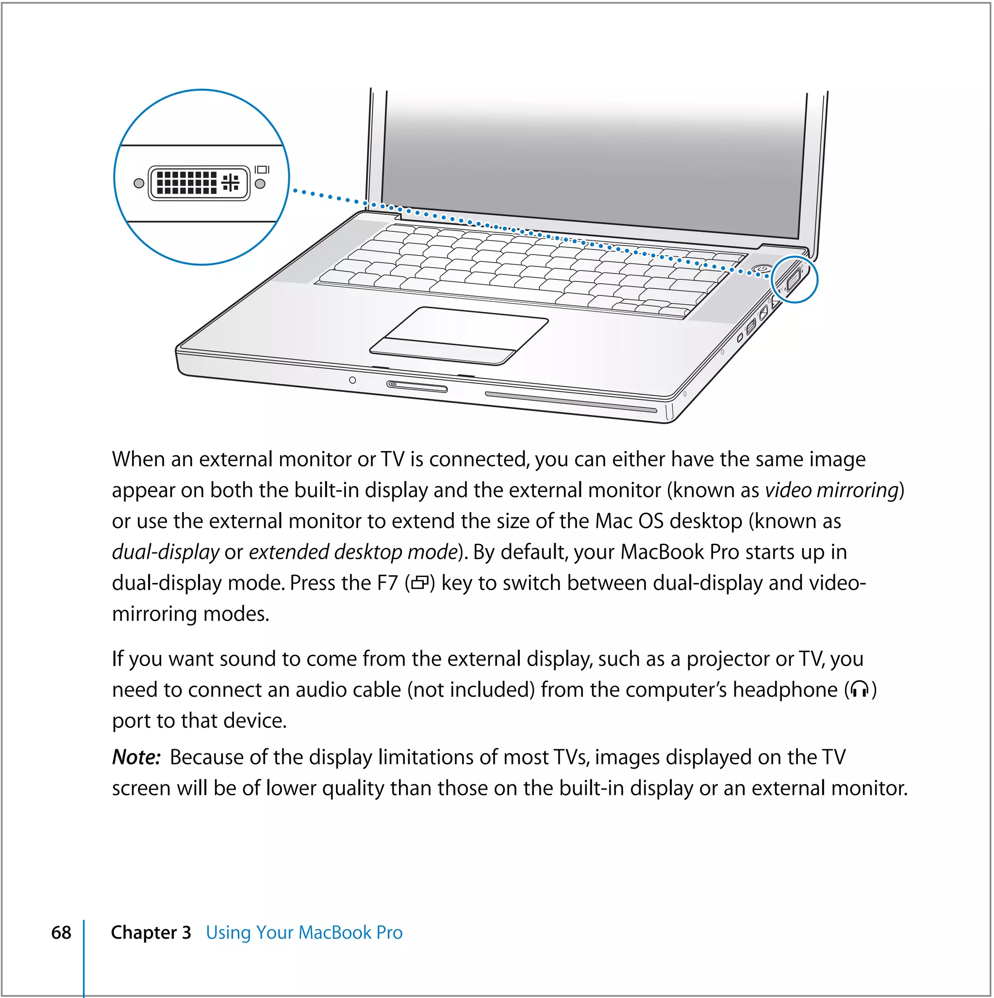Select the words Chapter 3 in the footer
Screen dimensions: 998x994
click(x=150, y=933)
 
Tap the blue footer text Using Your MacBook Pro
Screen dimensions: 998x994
click(x=304, y=933)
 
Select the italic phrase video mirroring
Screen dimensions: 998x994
click(x=832, y=491)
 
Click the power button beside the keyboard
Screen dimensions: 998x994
click(x=762, y=269)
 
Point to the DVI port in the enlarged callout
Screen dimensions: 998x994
click(x=199, y=183)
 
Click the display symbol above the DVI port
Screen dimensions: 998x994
click(x=262, y=170)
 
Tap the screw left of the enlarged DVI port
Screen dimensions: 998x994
click(x=138, y=183)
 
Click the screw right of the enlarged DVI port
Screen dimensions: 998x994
click(x=260, y=184)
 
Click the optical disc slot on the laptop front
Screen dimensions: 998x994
click(x=570, y=402)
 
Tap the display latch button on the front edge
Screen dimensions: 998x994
click(x=417, y=386)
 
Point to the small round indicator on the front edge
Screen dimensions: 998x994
click(x=352, y=380)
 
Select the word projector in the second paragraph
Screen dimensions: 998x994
click(x=727, y=660)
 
